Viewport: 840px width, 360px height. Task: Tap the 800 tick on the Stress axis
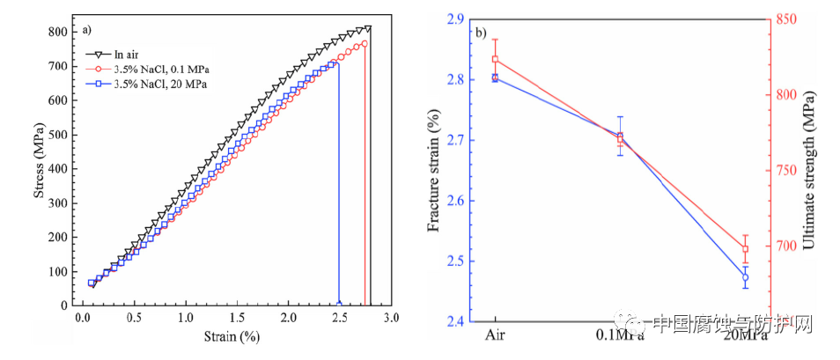(57, 32)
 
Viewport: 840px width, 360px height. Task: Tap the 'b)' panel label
(481, 33)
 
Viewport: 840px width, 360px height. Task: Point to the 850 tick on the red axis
(785, 18)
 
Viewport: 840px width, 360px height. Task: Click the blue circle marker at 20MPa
(745, 277)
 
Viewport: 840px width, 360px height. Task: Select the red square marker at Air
(495, 60)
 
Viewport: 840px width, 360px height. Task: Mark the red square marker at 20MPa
(745, 249)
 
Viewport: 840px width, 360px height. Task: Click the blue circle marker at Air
(495, 77)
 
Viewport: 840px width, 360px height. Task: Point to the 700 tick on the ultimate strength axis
(785, 246)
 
